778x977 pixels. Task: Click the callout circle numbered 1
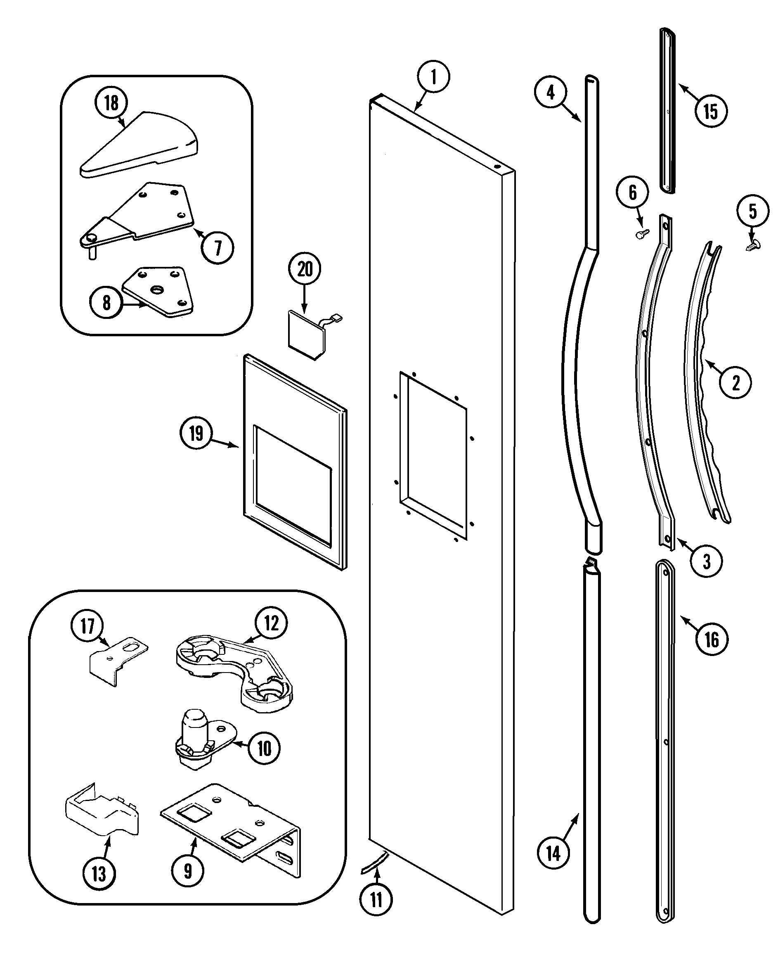pyautogui.click(x=433, y=76)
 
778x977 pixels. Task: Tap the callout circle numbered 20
pyautogui.click(x=304, y=269)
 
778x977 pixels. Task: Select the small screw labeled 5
pyautogui.click(x=753, y=245)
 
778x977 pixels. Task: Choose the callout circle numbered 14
pyautogui.click(x=553, y=853)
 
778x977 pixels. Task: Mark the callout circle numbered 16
pyautogui.click(x=712, y=640)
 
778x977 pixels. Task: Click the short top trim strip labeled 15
pyautogui.click(x=667, y=111)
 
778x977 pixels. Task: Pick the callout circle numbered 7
pyautogui.click(x=218, y=248)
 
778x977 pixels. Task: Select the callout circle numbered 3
pyautogui.click(x=707, y=561)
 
